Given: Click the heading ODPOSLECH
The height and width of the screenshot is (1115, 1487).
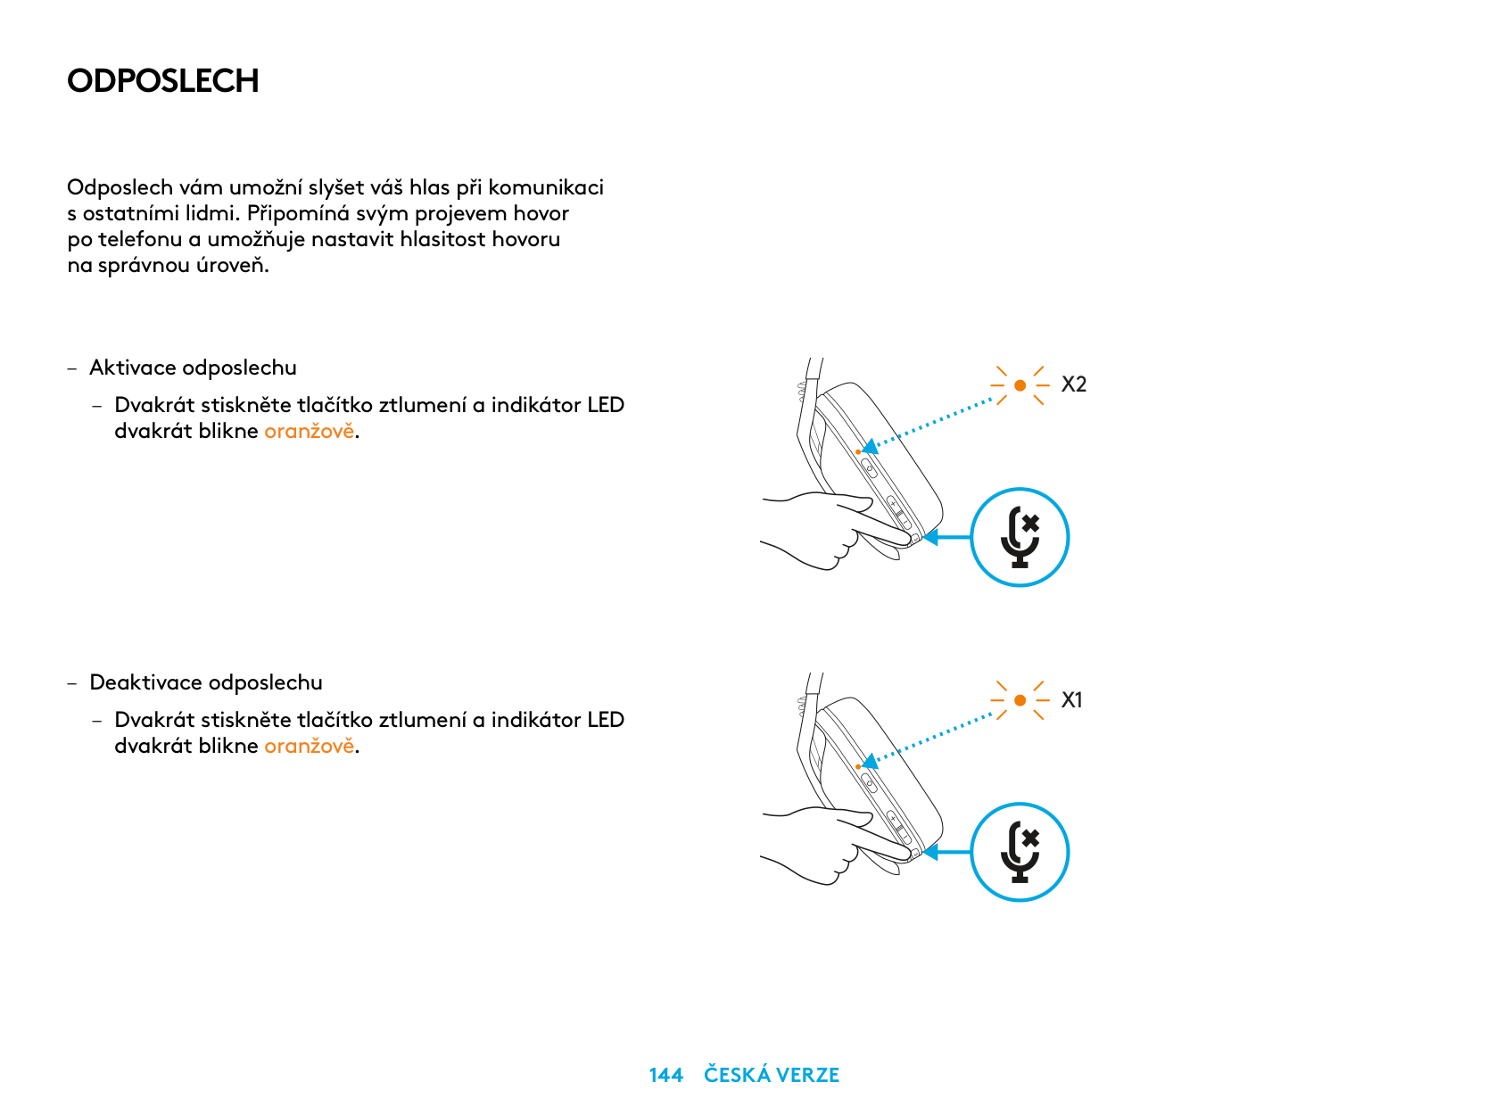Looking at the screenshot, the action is click(x=162, y=80).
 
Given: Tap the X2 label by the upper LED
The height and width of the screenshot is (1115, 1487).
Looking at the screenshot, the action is click(x=1073, y=384).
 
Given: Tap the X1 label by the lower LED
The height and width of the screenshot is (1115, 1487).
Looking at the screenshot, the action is click(x=1071, y=699).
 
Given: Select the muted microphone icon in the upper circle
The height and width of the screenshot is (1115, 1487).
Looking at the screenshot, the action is click(x=1020, y=537).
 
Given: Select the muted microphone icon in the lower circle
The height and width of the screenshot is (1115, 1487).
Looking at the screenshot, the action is click(x=1020, y=852).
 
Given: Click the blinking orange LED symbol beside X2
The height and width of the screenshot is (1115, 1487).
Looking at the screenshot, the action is click(x=1020, y=385).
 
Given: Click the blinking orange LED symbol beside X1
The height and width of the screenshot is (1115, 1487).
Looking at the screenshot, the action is click(x=1020, y=700).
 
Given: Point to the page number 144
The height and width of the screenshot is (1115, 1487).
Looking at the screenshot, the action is click(x=665, y=1075).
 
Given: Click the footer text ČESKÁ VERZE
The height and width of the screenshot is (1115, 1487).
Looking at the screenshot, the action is click(x=771, y=1074).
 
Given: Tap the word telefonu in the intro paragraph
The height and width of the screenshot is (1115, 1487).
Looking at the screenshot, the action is click(x=140, y=239).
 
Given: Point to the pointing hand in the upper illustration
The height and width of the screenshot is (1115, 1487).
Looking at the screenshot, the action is click(x=837, y=530).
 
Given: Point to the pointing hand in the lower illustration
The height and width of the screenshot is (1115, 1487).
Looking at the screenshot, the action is click(x=837, y=845).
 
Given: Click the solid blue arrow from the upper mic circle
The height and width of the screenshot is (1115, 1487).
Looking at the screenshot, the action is click(x=947, y=537).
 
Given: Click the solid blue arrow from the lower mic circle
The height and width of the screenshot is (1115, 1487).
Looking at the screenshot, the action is click(x=947, y=852).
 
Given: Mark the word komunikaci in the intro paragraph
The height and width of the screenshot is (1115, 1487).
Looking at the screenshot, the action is click(x=545, y=187).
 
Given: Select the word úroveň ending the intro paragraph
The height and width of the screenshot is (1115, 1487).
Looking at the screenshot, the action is click(x=232, y=265).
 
